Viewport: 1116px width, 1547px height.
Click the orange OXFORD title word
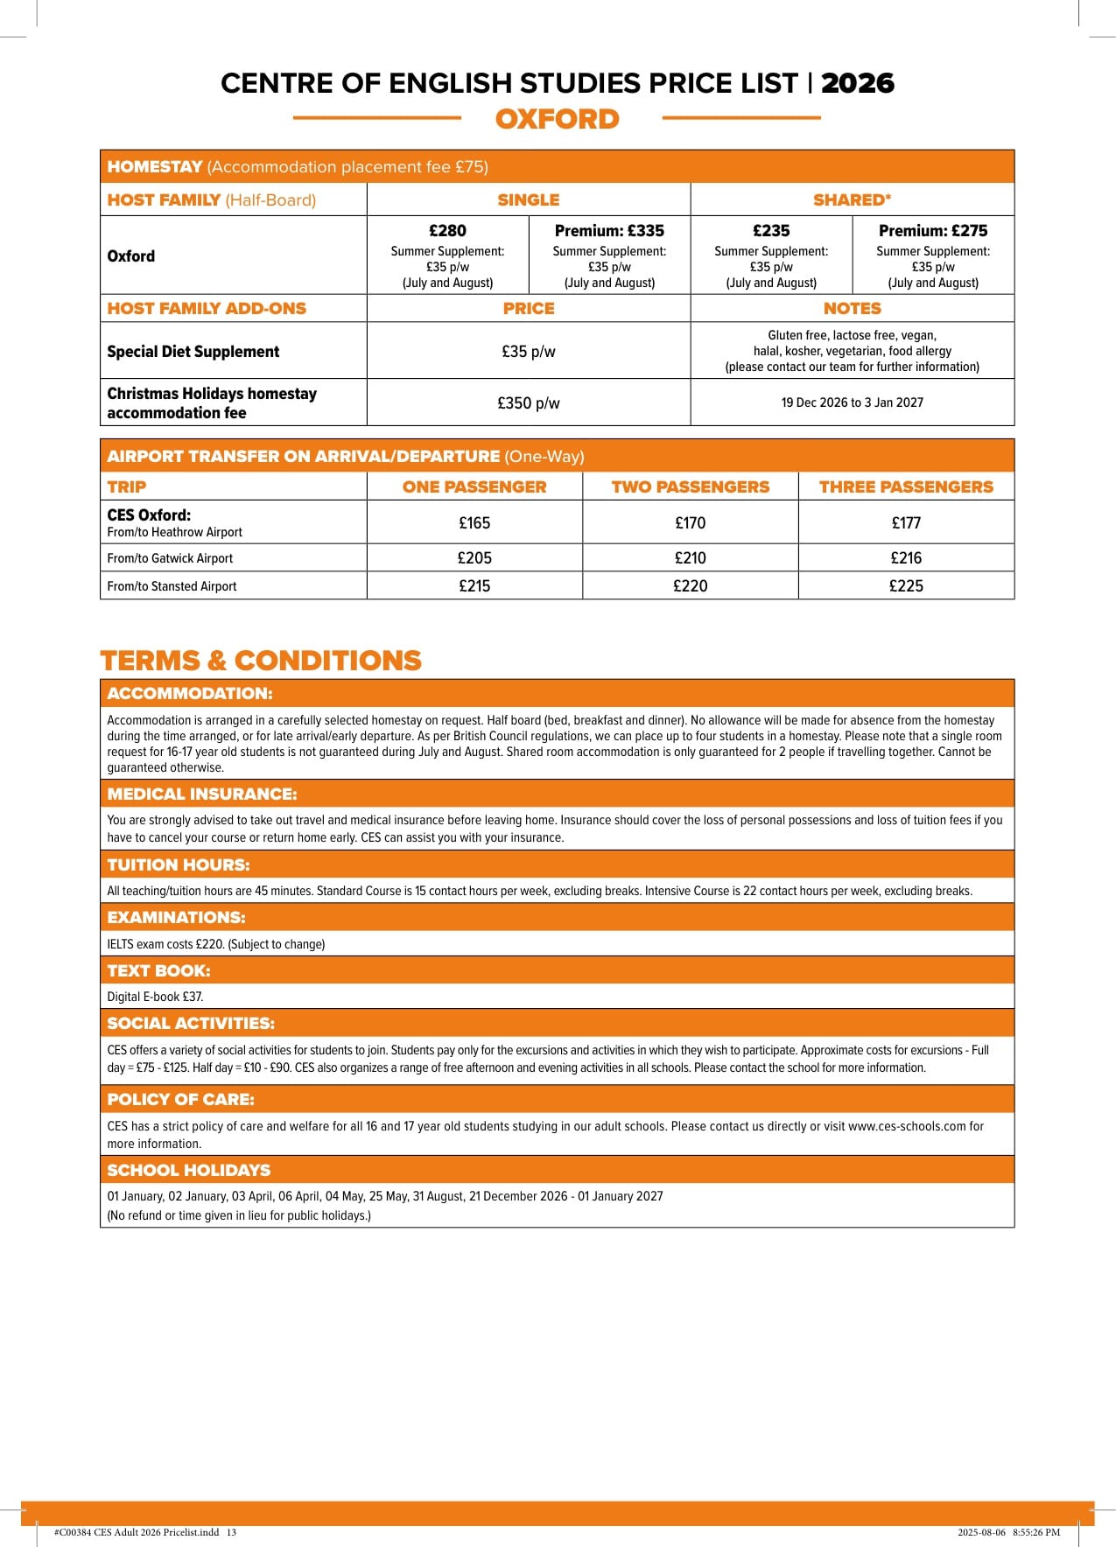coord(557,119)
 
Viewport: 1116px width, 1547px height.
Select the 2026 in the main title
coord(857,83)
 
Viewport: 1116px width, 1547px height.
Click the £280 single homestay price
coord(447,231)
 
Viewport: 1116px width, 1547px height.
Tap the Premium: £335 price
coord(609,231)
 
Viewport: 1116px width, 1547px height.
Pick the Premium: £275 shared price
coord(933,231)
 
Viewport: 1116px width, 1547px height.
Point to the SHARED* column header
coord(852,200)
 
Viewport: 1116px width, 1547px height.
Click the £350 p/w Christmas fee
coord(528,403)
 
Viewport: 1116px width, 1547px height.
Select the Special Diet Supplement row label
coord(193,352)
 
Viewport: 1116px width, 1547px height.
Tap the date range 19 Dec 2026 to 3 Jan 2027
coord(852,402)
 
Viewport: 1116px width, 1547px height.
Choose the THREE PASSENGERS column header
coord(906,487)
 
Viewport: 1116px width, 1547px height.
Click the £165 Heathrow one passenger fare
coord(474,523)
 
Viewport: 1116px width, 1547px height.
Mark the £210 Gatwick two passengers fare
coord(690,558)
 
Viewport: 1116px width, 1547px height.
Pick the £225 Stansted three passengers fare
coord(906,586)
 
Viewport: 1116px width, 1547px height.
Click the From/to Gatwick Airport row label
coord(170,558)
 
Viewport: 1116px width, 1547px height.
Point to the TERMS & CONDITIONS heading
coord(261,661)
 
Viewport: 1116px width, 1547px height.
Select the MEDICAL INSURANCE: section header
coord(202,794)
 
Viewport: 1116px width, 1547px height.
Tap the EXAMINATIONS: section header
coord(176,918)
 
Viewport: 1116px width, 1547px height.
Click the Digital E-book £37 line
coord(155,997)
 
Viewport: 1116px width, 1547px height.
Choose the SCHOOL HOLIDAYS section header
coord(188,1171)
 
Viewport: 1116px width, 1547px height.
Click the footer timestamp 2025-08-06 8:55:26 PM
coord(1008,1532)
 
